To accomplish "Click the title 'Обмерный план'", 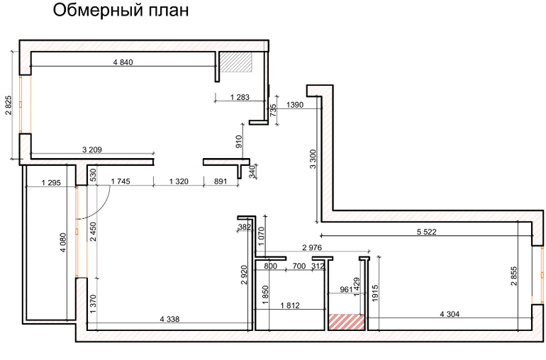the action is pos(121,11).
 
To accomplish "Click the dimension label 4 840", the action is pos(123,62).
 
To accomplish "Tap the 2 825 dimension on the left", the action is pos(9,105).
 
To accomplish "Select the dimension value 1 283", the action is pos(240,97).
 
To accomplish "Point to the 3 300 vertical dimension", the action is pos(313,159).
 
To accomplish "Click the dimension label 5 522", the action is pos(427,232).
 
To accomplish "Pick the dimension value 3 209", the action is pos(92,150).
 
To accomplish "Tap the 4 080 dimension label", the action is pos(63,242).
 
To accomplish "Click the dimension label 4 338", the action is pos(169,319).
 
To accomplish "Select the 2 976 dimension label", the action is pos(312,247).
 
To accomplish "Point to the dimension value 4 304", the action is pos(450,314).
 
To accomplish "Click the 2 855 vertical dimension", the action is pos(514,276).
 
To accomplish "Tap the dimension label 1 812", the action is pos(290,305).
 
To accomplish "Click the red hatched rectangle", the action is pos(347,322).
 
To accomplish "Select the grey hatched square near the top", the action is pos(235,62).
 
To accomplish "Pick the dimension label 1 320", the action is pos(179,181).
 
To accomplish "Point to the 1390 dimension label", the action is pos(294,104).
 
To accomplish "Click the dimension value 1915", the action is pos(375,293).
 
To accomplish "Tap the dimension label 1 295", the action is pos(51,182).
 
